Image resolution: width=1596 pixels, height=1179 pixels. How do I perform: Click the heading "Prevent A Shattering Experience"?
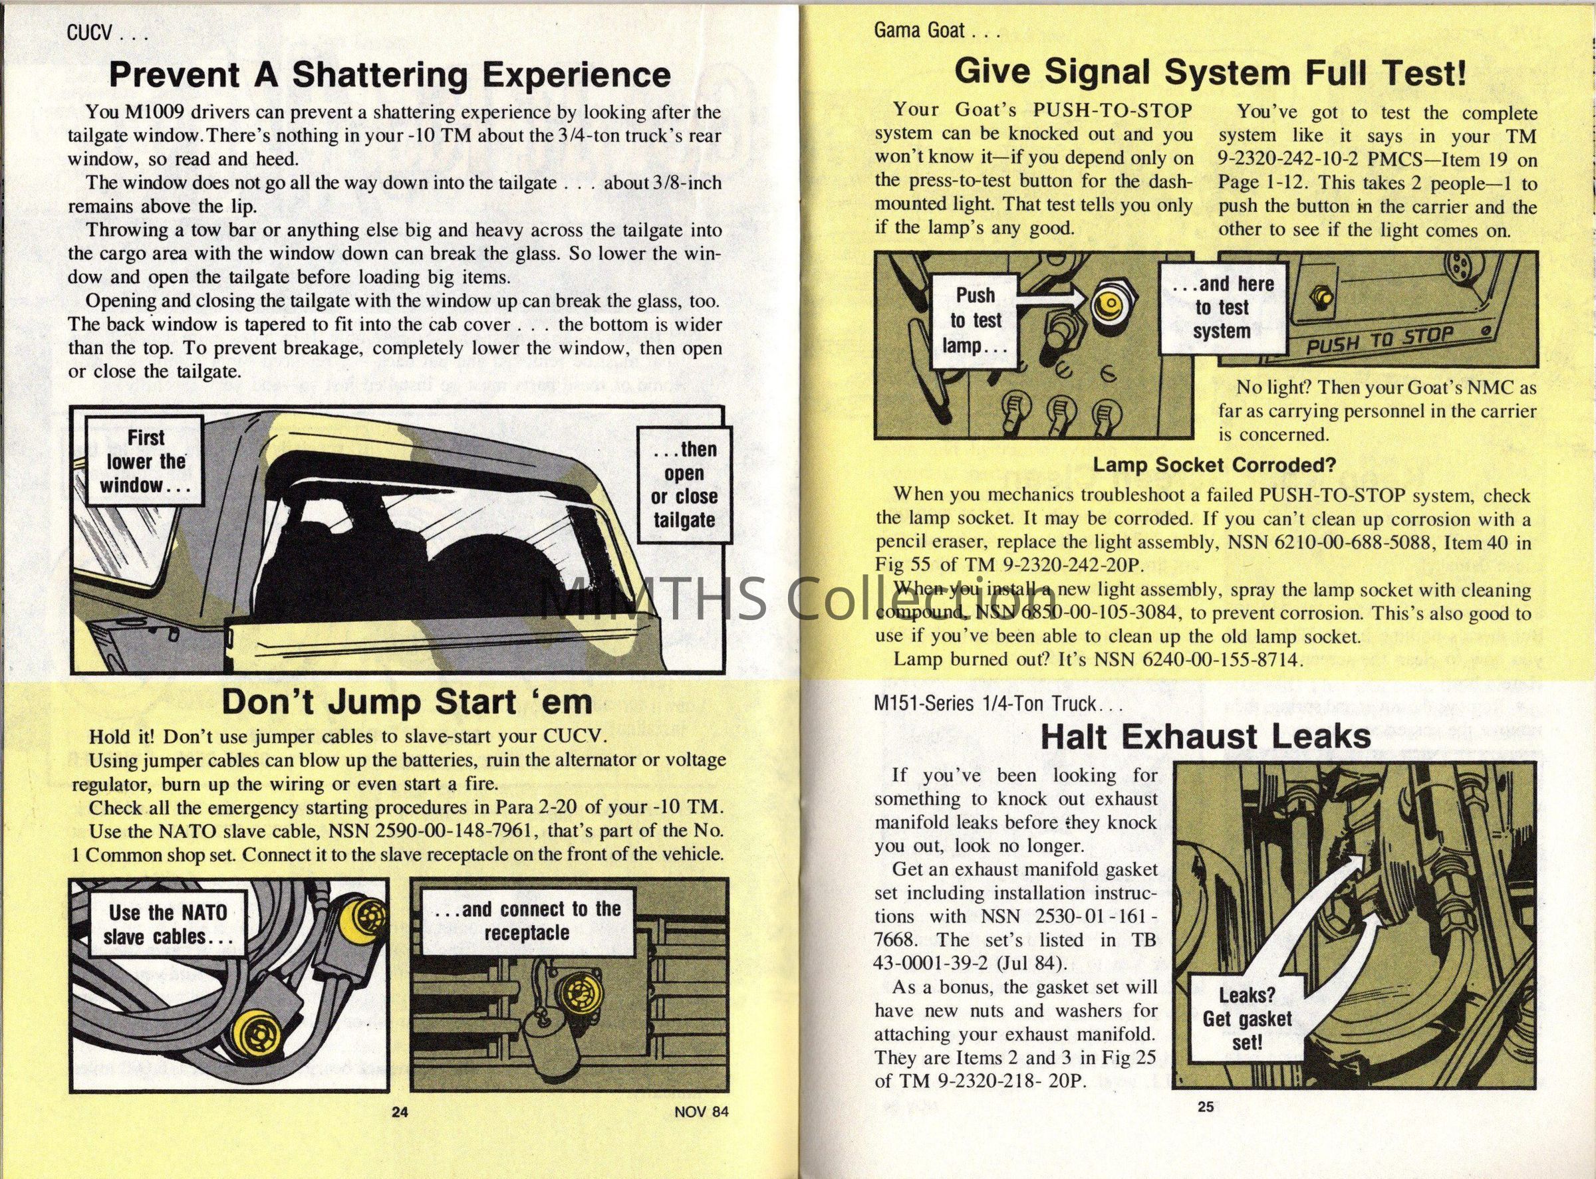[389, 74]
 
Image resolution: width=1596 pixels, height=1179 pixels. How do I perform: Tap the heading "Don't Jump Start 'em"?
[407, 702]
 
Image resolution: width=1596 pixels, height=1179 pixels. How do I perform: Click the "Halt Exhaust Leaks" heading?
[1206, 736]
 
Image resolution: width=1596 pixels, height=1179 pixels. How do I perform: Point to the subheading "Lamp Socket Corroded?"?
[1214, 465]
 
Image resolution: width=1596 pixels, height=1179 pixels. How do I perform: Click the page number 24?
[400, 1112]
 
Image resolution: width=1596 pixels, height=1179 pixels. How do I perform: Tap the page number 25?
[1206, 1107]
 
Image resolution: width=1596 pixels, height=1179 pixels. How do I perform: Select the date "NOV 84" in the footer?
[701, 1112]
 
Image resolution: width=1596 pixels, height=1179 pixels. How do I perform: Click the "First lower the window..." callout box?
[145, 462]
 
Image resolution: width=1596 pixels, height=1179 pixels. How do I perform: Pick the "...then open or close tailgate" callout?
[684, 484]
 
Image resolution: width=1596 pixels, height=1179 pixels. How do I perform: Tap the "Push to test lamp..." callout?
[976, 320]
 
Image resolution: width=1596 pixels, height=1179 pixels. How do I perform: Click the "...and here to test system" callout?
[1222, 308]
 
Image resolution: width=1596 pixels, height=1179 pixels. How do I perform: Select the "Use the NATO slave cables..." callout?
[168, 924]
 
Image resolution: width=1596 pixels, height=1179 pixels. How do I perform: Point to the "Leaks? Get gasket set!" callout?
[1247, 1018]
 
